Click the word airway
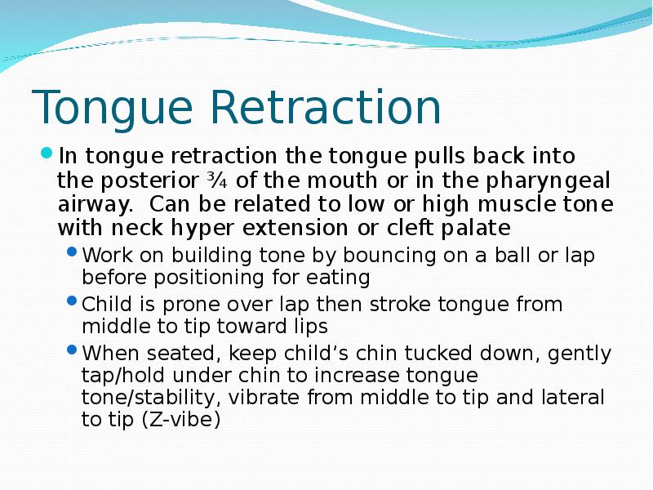tap(89, 203)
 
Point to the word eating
tap(342, 278)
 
